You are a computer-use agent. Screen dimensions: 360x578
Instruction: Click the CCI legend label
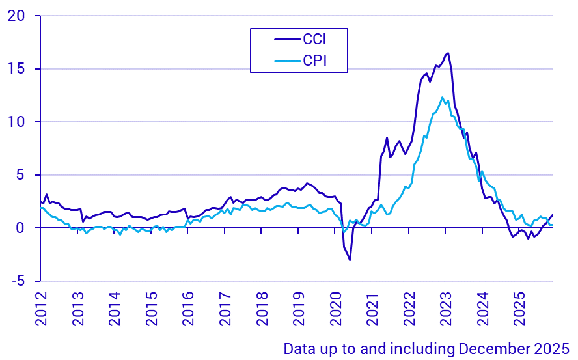coord(314,39)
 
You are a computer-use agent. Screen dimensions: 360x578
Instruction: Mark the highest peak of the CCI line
coord(448,53)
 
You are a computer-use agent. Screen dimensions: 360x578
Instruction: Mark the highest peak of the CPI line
coord(443,98)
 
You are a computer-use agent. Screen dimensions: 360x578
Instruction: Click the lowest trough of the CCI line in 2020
coord(350,260)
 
